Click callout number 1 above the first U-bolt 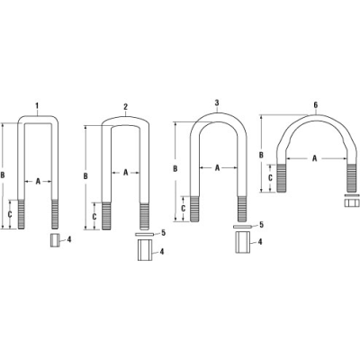tap(37, 106)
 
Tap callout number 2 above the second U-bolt tap(125, 106)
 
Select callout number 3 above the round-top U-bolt tap(216, 103)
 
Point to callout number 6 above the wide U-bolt tap(315, 104)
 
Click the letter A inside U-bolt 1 tap(38, 181)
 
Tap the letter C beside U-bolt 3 tap(183, 209)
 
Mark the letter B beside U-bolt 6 tap(262, 154)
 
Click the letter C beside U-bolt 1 tap(11, 215)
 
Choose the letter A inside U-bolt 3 tap(217, 167)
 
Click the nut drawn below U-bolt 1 tap(53, 240)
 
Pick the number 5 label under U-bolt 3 tap(260, 224)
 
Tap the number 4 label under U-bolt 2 tap(164, 252)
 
